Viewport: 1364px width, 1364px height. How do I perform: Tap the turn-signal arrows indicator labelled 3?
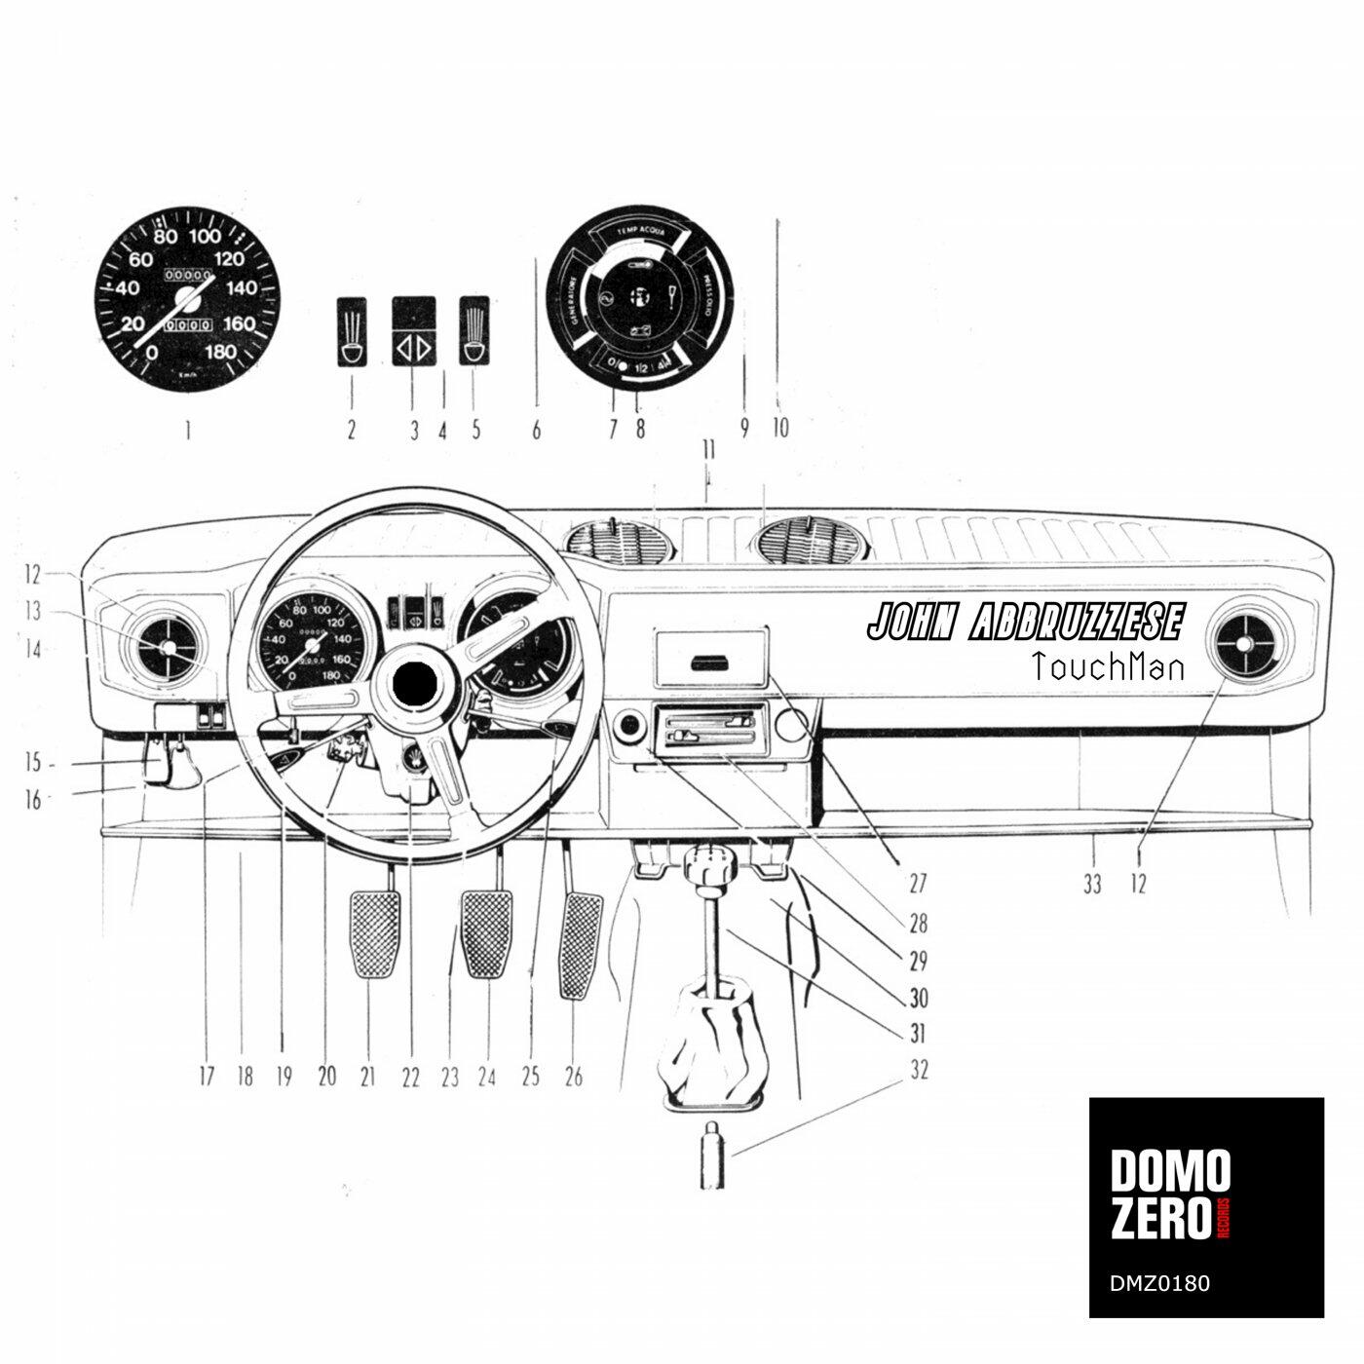point(413,347)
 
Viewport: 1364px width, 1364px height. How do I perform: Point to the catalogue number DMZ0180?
point(1160,1282)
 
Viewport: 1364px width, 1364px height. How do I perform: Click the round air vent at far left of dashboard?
point(166,648)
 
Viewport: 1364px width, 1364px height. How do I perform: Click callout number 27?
point(917,885)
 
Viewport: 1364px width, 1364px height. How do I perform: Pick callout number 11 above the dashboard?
point(708,450)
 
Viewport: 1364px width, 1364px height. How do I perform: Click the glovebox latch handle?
point(709,663)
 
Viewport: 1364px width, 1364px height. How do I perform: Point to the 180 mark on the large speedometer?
point(221,353)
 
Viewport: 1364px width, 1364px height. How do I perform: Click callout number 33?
point(1093,885)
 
